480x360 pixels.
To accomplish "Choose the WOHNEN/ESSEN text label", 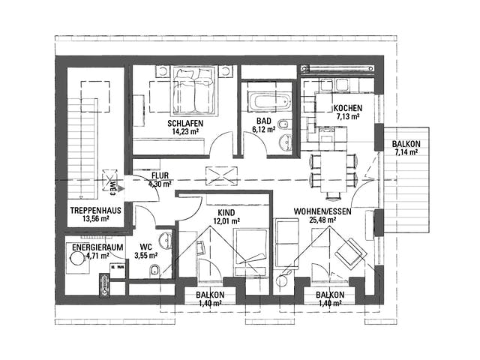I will pos(323,212).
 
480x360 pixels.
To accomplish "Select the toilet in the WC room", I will pos(154,270).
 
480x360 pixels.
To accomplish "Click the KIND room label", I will pos(225,212).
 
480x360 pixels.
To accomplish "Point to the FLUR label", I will pos(160,175).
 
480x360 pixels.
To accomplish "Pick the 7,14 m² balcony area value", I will pos(406,152).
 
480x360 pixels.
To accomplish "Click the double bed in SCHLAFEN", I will pos(195,94).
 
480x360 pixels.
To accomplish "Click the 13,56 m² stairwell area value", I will pos(90,220).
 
